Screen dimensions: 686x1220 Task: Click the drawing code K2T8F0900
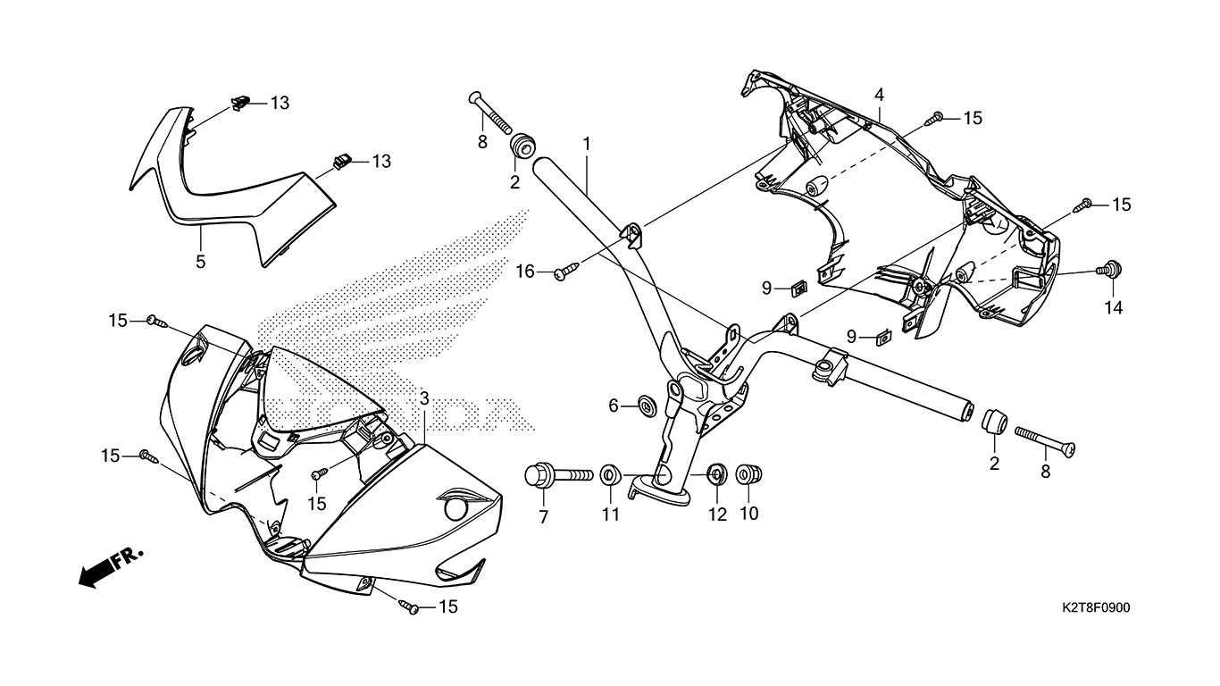pos(1096,608)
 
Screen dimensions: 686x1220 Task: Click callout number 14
pos(1115,309)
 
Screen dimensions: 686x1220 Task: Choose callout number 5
pos(201,262)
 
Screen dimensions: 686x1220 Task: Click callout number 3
pos(424,397)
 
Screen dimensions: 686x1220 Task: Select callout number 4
pos(879,95)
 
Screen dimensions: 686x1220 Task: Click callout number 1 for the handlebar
pos(587,143)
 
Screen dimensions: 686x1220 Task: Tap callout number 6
pos(614,406)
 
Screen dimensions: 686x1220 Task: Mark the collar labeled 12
pos(715,474)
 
